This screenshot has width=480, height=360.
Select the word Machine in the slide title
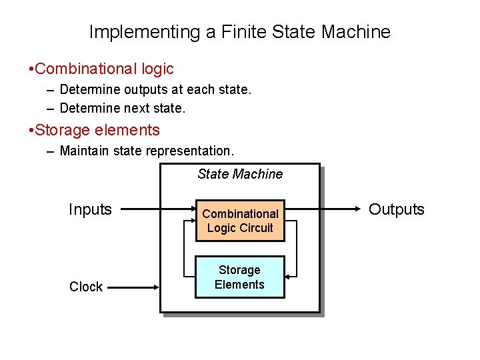tap(357, 31)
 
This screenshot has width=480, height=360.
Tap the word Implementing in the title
tap(135, 31)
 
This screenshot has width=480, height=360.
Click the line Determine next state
tap(123, 107)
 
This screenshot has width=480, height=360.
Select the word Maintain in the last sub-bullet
tap(85, 151)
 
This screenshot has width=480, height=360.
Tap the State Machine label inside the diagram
tap(240, 174)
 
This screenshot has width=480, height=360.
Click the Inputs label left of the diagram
tap(90, 209)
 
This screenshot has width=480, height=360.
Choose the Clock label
tap(86, 287)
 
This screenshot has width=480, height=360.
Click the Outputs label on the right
tap(397, 209)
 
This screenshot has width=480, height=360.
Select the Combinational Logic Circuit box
tap(240, 221)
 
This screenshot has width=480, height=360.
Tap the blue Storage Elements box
tap(240, 277)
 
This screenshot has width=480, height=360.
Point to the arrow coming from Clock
tap(133, 287)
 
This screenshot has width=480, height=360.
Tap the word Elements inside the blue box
tap(240, 285)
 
